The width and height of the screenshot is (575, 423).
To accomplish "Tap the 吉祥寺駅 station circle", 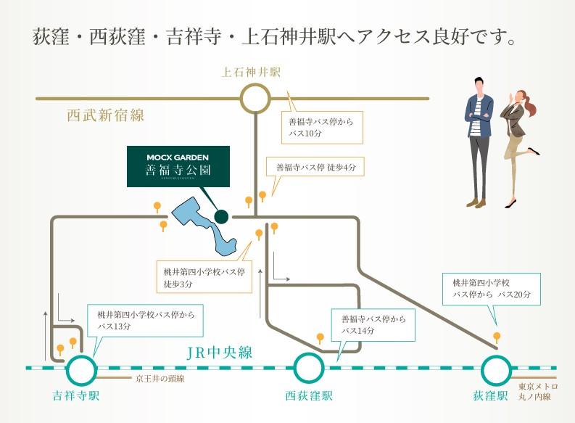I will coord(80,370).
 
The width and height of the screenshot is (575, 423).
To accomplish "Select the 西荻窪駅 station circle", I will coord(309,369).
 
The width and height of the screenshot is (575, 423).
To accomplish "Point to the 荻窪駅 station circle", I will coord(496,370).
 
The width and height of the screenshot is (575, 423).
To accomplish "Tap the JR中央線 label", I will coord(219,353).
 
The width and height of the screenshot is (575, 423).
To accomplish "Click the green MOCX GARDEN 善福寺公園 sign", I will coord(178,166).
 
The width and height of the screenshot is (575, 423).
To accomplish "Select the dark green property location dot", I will coord(222,216).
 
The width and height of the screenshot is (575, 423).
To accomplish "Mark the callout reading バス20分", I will coord(491,289).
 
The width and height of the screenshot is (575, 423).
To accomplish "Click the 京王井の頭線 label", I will coord(160,379).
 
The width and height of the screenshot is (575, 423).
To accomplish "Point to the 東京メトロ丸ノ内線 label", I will coord(534,392).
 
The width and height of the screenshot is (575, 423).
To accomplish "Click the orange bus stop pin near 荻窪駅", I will coord(497,337).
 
